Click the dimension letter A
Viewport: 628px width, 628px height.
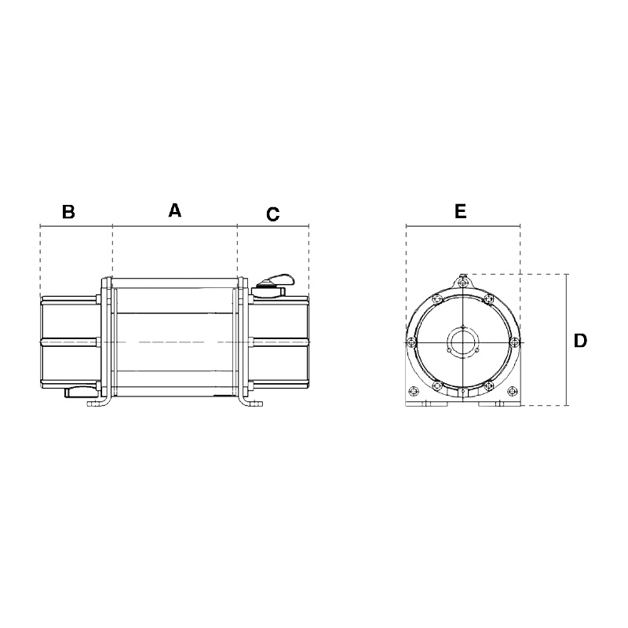pos(174,210)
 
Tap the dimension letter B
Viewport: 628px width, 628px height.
pos(68,211)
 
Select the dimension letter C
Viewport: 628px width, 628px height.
pos(272,214)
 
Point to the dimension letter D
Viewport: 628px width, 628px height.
pos(580,341)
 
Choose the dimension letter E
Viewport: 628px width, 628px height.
pos(461,211)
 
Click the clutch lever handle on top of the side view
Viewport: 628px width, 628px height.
pos(276,280)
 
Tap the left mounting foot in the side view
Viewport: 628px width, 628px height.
pos(98,401)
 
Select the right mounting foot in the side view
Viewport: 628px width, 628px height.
pos(251,401)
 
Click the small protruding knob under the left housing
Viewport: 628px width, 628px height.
pos(80,392)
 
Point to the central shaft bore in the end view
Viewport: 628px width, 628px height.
pos(462,342)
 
